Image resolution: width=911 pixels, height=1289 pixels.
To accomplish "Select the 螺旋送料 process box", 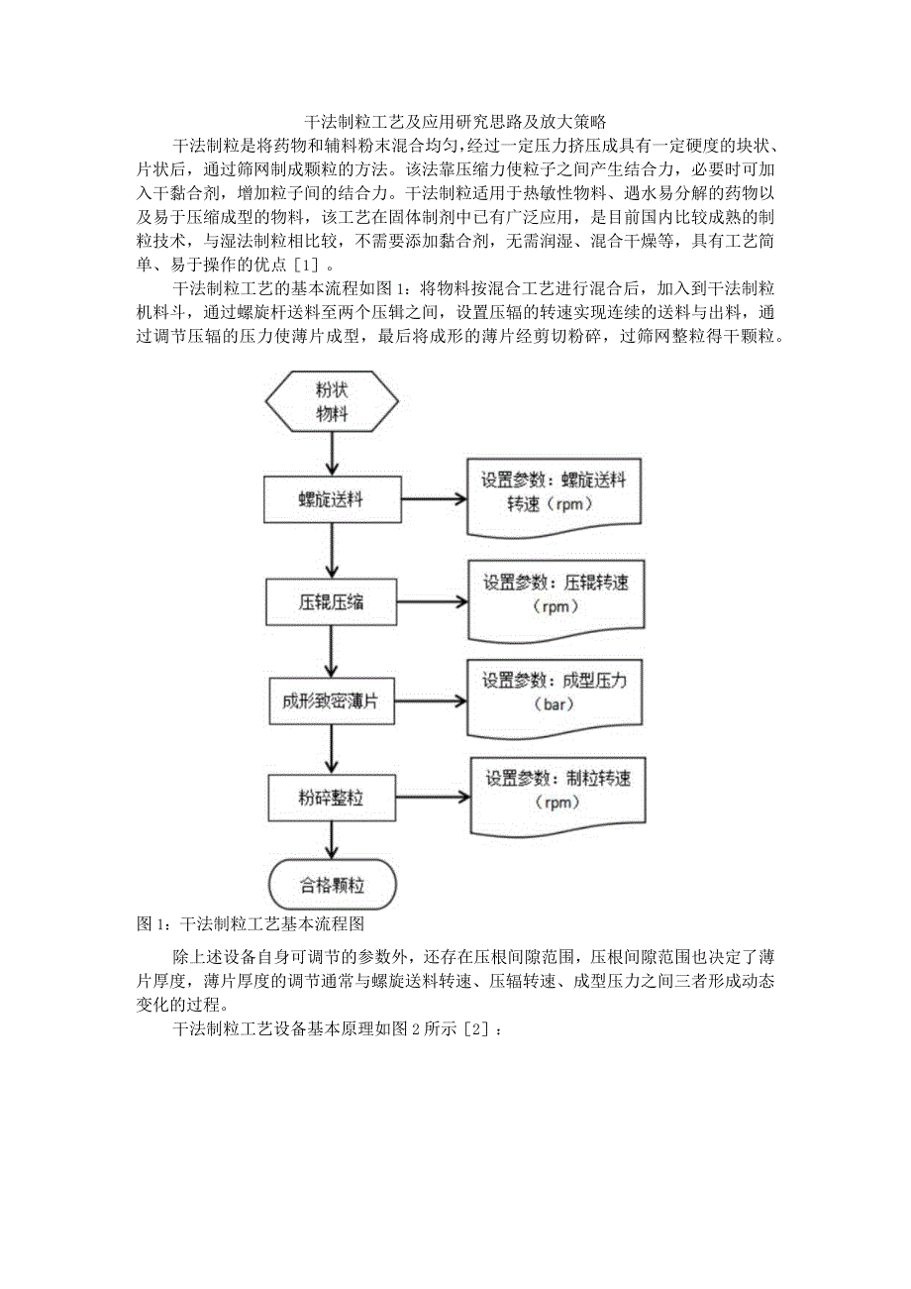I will pos(332,499).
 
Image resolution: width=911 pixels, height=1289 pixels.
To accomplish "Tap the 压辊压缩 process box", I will pos(332,601).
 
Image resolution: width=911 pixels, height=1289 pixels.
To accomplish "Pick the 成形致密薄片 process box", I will pos(332,700).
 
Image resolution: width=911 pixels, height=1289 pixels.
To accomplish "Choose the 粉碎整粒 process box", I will pos(332,797).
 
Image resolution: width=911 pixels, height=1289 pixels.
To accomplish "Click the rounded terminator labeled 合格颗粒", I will pos(332,885).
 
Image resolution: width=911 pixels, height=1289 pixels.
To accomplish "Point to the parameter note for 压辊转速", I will pos(554,594).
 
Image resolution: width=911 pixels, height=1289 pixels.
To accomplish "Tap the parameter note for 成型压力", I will pos(554,693).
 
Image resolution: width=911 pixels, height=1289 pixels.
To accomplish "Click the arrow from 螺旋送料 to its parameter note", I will pos(432,499).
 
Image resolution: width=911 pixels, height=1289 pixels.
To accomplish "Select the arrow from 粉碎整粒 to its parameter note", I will pos(432,797).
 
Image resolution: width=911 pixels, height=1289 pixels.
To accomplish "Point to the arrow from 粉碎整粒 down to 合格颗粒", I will pos(332,841).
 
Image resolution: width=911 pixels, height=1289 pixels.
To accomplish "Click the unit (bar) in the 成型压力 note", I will pos(554,706).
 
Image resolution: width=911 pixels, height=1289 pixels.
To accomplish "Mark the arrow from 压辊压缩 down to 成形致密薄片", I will pos(332,650).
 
